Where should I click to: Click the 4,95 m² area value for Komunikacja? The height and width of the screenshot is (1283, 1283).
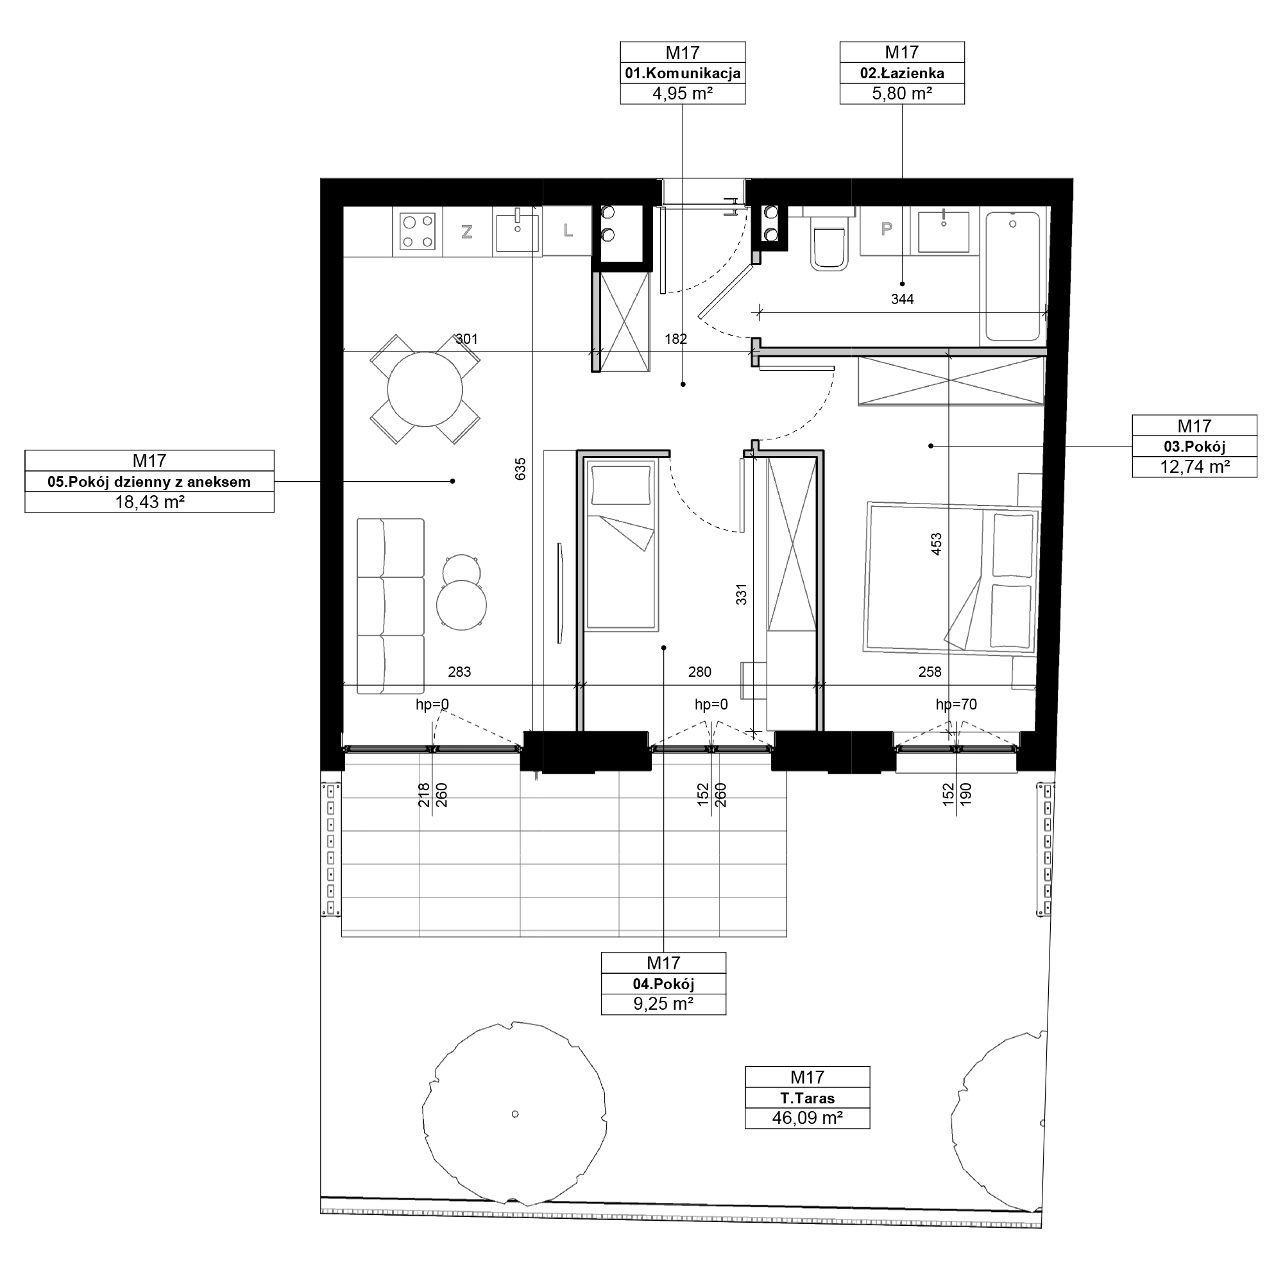(682, 94)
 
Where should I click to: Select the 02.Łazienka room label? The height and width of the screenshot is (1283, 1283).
(902, 73)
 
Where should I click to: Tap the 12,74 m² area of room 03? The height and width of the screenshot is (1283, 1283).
(1194, 467)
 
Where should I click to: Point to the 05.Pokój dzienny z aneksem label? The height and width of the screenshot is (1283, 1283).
(149, 482)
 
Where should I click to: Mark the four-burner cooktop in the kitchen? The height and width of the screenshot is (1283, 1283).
(418, 230)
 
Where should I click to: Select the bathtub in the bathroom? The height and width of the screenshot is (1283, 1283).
(1013, 276)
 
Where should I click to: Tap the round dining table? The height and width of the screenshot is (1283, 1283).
(425, 389)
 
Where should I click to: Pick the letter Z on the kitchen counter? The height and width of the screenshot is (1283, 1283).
(467, 232)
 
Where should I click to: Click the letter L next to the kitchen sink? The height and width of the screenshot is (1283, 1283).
(568, 230)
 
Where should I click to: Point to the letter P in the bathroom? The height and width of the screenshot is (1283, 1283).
(886, 229)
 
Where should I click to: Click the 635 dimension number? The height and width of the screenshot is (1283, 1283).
(521, 469)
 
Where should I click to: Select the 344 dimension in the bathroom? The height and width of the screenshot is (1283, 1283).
(902, 300)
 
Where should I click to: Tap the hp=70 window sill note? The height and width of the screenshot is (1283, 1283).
(956, 704)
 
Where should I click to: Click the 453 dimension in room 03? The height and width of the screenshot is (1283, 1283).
(937, 545)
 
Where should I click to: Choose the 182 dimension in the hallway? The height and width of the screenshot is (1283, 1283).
(675, 339)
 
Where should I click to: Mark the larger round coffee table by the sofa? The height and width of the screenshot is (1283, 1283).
(461, 605)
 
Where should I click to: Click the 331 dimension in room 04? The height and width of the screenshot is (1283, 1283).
(742, 595)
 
